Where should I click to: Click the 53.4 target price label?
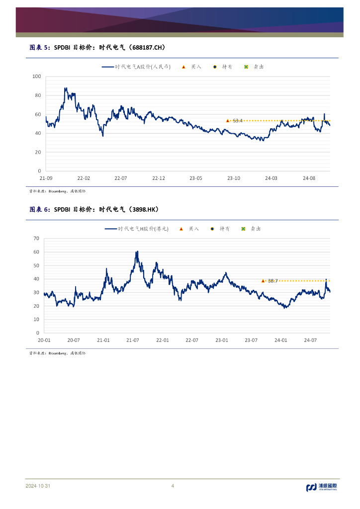[238, 121]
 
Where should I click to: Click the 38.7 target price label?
[272, 281]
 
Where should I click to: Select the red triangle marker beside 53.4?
[228, 121]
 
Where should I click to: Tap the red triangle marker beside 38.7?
[263, 281]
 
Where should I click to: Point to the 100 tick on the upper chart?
[36, 77]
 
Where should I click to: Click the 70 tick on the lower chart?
[36, 239]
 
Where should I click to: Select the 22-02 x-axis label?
[84, 178]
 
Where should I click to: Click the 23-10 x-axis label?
[234, 178]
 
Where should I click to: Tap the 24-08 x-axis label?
[309, 178]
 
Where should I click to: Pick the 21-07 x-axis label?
[133, 340]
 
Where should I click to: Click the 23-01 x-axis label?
[222, 340]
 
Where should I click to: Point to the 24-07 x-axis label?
[310, 340]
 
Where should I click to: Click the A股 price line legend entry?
[136, 67]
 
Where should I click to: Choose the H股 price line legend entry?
[137, 229]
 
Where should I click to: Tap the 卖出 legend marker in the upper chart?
[246, 67]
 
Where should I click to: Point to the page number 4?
[173, 486]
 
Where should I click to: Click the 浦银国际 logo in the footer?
[321, 487]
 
